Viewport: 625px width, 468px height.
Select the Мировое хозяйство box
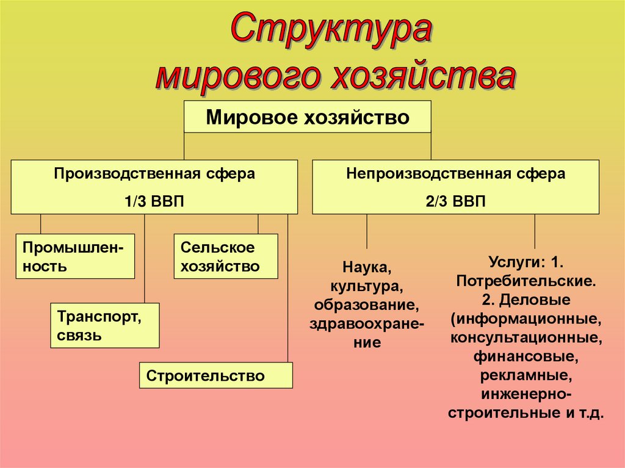click(308, 117)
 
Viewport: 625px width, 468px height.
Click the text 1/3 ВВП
click(154, 201)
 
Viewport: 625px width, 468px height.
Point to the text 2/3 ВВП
click(455, 201)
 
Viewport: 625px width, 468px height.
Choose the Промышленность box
click(75, 256)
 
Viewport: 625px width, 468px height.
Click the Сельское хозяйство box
click(225, 256)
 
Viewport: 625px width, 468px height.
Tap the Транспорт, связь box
click(104, 326)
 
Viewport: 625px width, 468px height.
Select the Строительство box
click(216, 375)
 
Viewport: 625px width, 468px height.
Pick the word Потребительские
click(526, 282)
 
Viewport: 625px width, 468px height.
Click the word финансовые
click(526, 355)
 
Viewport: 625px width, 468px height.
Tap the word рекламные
click(526, 374)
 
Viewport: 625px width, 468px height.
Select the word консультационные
click(526, 337)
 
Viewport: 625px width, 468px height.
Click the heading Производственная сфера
click(154, 174)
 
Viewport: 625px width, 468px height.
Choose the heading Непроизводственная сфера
click(455, 174)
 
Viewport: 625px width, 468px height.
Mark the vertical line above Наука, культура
click(367, 232)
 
